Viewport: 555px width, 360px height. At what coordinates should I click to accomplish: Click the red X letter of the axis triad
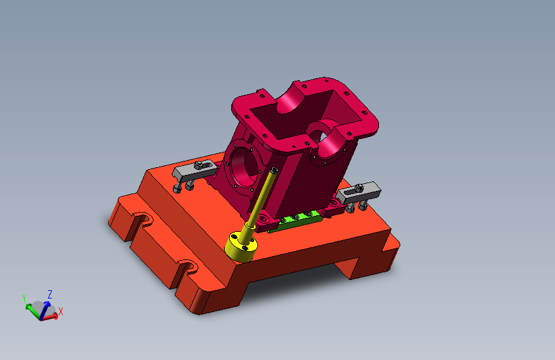61,311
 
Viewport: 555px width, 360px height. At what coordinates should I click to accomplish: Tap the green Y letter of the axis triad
24,298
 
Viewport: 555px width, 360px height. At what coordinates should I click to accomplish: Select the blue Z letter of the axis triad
50,294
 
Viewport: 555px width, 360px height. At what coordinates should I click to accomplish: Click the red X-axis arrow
49,317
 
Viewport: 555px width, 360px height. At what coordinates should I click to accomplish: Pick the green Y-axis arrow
33,311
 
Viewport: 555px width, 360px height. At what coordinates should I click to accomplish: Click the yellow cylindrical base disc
241,247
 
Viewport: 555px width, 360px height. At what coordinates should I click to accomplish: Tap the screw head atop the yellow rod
274,170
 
